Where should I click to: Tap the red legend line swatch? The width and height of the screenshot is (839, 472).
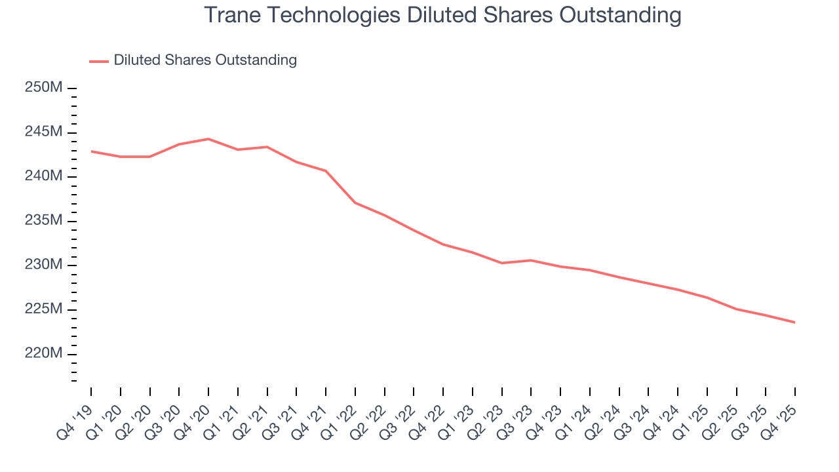pyautogui.click(x=98, y=61)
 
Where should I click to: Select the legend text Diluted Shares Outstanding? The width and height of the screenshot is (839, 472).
pyautogui.click(x=205, y=60)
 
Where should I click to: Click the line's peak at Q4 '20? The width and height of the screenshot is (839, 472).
pyautogui.click(x=208, y=139)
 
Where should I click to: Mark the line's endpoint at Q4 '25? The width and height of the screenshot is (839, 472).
pyautogui.click(x=795, y=322)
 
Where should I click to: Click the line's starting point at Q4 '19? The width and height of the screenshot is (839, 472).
pyautogui.click(x=91, y=151)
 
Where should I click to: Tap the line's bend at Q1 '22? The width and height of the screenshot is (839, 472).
pyautogui.click(x=355, y=203)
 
